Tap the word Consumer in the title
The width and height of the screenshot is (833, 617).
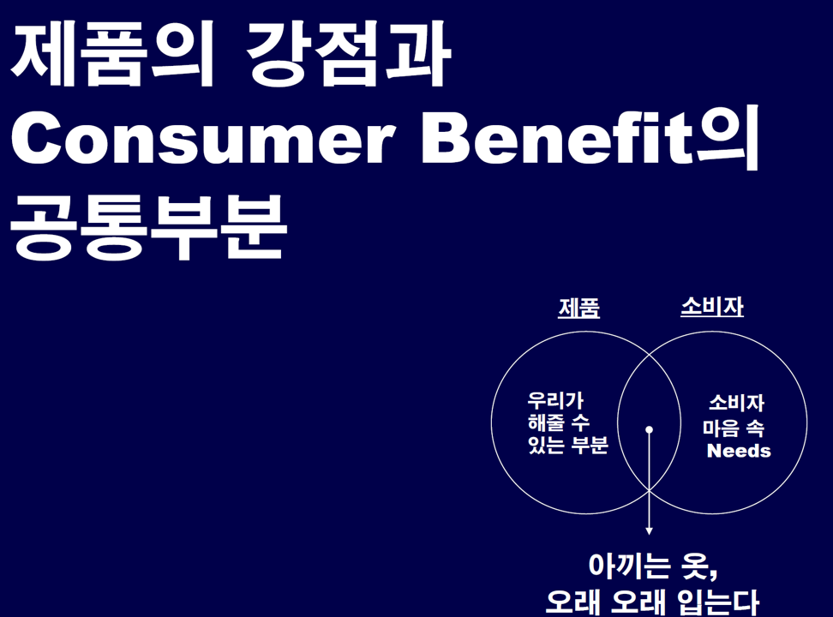[203, 138]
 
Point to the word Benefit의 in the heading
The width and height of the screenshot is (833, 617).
[590, 138]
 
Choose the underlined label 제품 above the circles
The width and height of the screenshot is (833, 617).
[579, 308]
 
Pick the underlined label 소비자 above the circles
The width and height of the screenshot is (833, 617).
[712, 307]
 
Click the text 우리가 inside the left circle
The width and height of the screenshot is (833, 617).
[555, 400]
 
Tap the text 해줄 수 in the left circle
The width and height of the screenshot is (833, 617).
[559, 422]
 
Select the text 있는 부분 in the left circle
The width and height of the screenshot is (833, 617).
[567, 445]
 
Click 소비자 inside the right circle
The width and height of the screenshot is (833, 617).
[736, 403]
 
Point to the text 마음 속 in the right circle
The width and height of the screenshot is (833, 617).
[734, 428]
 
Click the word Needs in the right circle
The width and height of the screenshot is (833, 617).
[739, 451]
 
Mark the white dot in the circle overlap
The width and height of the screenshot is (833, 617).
[649, 429]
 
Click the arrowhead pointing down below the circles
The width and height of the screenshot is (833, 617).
[649, 531]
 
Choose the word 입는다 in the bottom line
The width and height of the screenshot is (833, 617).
[718, 602]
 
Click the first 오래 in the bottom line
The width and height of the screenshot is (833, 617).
[572, 602]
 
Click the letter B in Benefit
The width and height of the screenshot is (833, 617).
[445, 138]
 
